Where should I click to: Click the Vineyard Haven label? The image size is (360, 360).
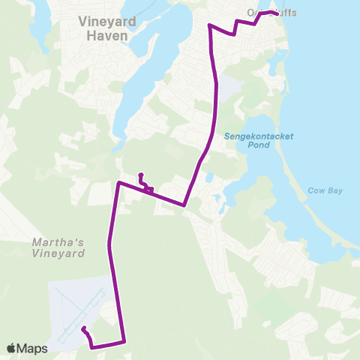pos(107,28)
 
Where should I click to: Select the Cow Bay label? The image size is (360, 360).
pos(325,190)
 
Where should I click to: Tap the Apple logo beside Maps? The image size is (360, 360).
pos(12,348)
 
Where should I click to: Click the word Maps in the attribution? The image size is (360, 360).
pos(32,348)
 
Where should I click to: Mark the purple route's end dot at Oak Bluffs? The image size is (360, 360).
pos(277,13)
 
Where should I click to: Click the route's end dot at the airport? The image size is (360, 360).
pos(83,328)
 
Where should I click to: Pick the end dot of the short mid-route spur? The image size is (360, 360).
pos(140,175)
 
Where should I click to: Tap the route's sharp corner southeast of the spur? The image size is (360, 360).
pos(184,205)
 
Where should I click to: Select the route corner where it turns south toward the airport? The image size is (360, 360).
pos(118,182)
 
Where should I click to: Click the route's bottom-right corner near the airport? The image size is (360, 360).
pos(124,342)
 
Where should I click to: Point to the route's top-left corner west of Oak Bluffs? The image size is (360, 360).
pos(208,25)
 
